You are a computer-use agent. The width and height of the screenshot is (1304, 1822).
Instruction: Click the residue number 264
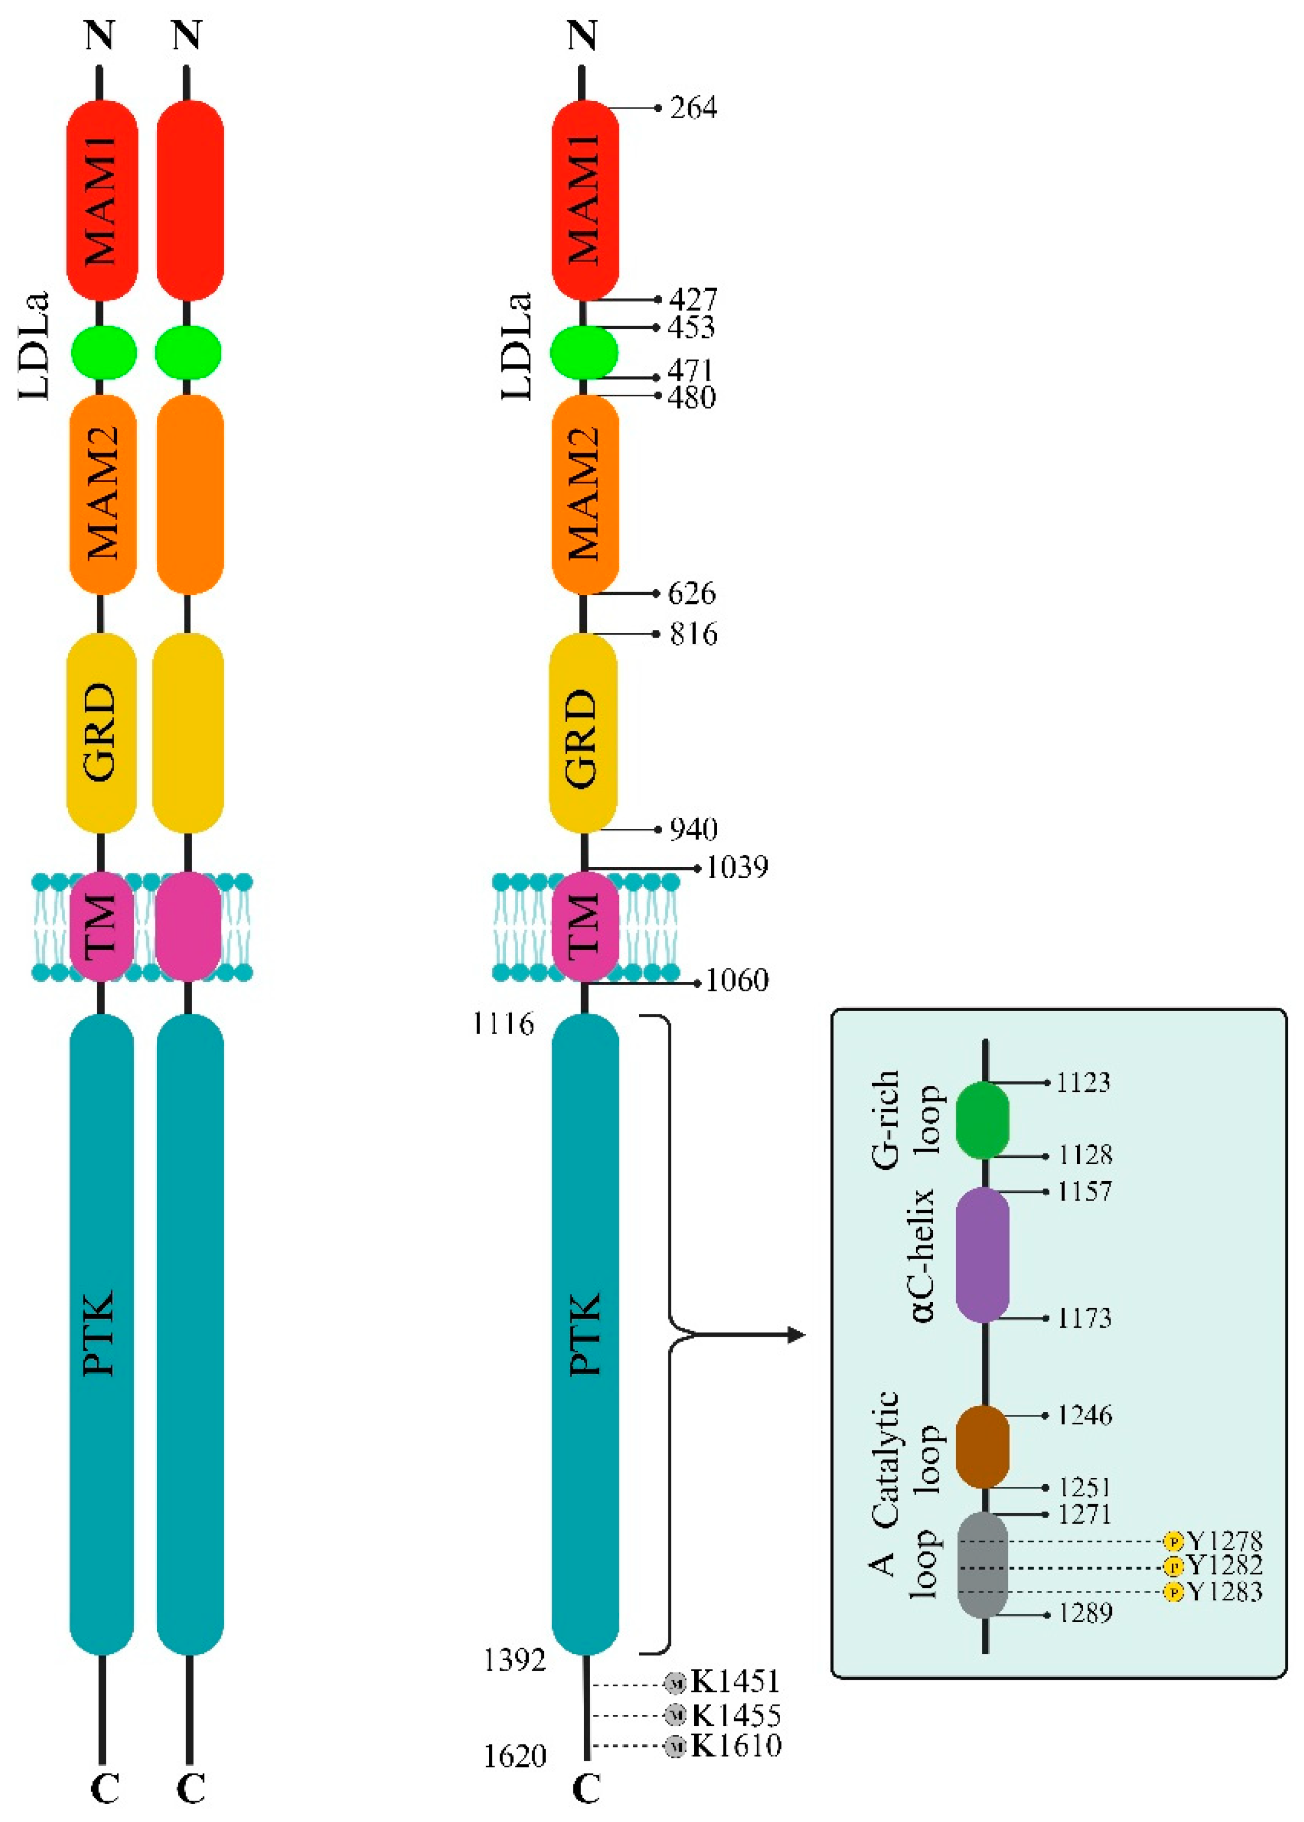[693, 107]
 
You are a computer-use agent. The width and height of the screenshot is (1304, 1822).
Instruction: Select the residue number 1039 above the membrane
[736, 867]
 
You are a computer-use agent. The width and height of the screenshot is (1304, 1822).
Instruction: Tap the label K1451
[735, 1681]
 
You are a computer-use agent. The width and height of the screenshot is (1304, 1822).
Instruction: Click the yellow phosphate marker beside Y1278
[1173, 1541]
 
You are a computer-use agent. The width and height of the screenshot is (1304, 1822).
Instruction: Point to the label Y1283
[1225, 1591]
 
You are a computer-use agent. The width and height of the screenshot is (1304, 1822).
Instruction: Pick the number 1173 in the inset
[1084, 1318]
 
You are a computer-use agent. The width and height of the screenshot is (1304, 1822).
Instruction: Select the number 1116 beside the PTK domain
[504, 1024]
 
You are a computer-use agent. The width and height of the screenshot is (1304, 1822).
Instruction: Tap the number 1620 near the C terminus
[515, 1757]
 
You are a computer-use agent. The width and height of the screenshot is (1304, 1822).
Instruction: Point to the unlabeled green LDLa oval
[188, 352]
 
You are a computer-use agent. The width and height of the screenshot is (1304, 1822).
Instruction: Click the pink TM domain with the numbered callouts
[585, 926]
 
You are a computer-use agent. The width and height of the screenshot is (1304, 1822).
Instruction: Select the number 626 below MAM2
[691, 594]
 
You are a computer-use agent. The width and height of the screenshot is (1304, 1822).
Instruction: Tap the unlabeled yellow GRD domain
[188, 733]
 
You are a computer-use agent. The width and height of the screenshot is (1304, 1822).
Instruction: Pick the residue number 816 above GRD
[693, 635]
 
